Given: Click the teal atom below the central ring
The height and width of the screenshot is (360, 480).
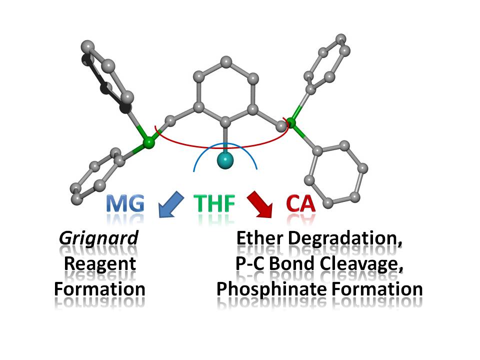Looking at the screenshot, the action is pos(226,160).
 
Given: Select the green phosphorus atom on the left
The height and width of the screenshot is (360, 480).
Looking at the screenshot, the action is pos(147,143).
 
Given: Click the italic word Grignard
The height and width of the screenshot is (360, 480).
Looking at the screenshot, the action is pos(98,238).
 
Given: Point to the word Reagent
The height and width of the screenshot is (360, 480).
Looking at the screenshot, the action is pos(100,263).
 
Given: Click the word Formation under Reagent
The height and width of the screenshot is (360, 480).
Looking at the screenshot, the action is pos(99,288).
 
